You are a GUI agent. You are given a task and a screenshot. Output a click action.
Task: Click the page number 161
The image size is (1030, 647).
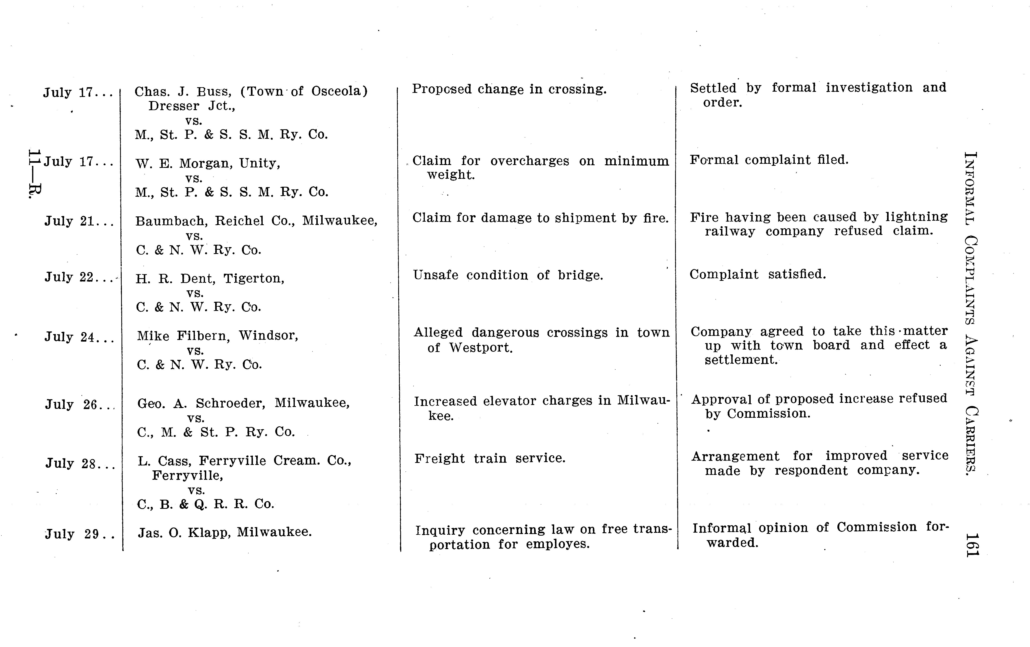[972, 545]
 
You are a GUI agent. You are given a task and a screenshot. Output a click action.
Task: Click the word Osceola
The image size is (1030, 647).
[339, 91]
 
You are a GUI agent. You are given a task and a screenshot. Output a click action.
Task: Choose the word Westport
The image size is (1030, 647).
[480, 347]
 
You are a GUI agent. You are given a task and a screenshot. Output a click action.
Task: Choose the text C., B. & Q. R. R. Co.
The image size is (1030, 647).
[205, 504]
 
